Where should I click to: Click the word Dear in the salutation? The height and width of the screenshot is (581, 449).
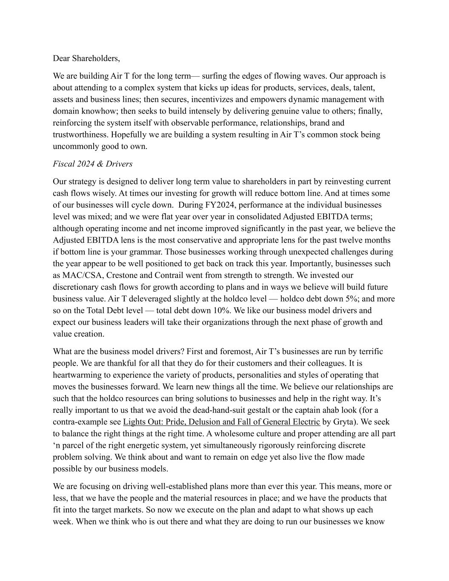[61, 58]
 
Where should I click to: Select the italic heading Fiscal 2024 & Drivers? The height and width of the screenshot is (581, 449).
[92, 164]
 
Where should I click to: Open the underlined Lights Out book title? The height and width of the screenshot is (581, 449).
[221, 422]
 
